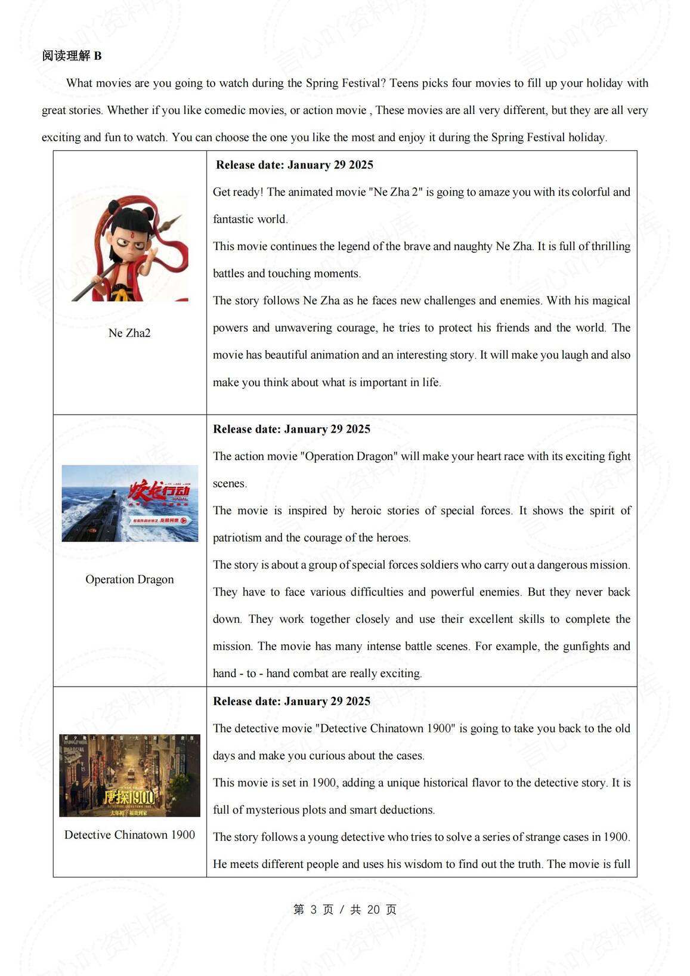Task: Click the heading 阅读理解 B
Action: pyautogui.click(x=72, y=56)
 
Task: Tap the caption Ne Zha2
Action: pyautogui.click(x=129, y=333)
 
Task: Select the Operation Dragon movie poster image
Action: pyautogui.click(x=130, y=504)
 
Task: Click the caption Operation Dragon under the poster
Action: pyautogui.click(x=129, y=579)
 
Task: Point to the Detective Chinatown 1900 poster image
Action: pyautogui.click(x=129, y=775)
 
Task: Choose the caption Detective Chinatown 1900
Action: pyautogui.click(x=129, y=835)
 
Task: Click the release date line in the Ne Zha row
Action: pyautogui.click(x=295, y=165)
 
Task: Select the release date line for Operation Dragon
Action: pyautogui.click(x=292, y=430)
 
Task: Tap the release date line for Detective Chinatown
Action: pyautogui.click(x=292, y=702)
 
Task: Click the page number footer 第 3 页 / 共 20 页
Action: pyautogui.click(x=345, y=909)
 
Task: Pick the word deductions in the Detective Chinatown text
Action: pyautogui.click(x=406, y=810)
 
